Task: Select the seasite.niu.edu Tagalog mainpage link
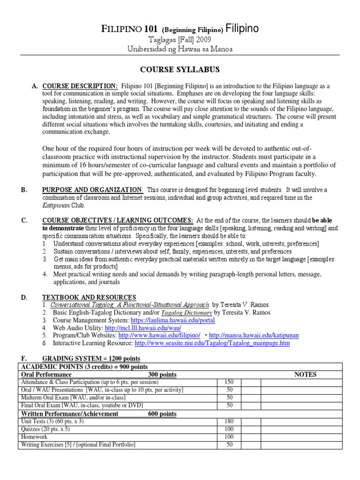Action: [212, 343]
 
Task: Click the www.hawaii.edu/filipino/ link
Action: [159, 336]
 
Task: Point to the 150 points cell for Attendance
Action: [230, 382]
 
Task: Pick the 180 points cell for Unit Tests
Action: [230, 422]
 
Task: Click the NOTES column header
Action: [305, 375]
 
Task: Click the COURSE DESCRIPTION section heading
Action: [80, 86]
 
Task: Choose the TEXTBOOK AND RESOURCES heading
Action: [89, 297]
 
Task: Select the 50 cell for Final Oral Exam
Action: [230, 405]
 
